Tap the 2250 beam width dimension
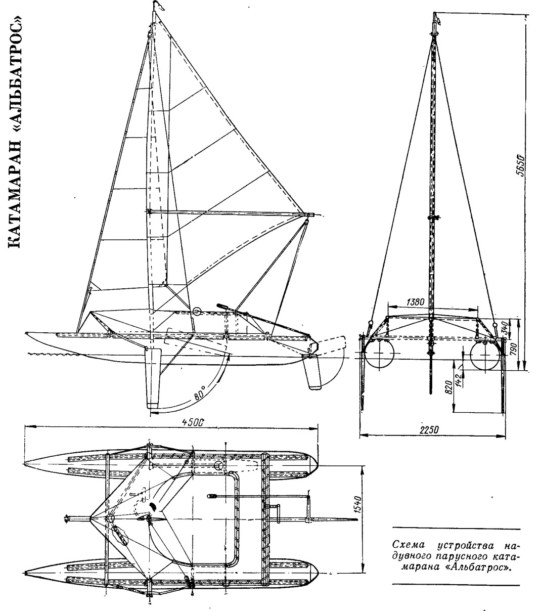click(x=428, y=429)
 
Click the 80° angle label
click(x=199, y=392)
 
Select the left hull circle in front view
click(x=379, y=355)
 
